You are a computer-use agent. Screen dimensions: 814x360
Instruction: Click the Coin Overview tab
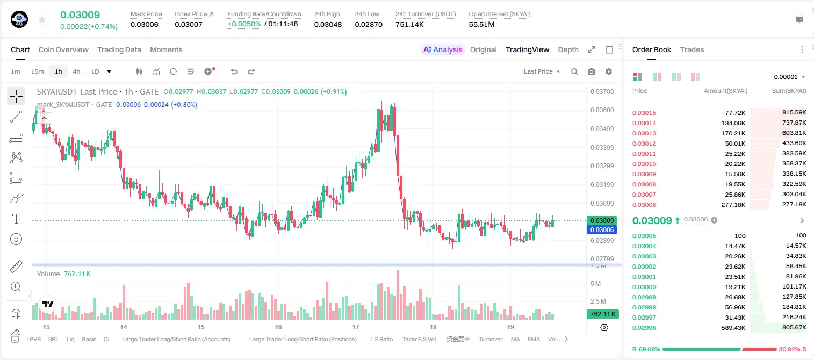pos(63,49)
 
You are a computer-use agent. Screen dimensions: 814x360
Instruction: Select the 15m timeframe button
pos(37,71)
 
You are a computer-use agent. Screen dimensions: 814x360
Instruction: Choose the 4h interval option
pos(76,71)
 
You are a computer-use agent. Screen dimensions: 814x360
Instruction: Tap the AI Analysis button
pos(443,49)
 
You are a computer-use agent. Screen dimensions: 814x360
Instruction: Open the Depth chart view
pos(568,49)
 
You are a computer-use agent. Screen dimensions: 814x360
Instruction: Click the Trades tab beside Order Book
pos(691,49)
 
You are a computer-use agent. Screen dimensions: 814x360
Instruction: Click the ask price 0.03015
pos(644,113)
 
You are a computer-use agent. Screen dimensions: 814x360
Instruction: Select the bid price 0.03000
pos(644,286)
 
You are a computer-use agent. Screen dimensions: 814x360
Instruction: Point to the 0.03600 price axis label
pos(602,110)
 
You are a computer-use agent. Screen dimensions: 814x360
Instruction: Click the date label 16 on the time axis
pos(278,327)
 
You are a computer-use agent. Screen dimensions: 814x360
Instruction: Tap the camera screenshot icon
pos(591,71)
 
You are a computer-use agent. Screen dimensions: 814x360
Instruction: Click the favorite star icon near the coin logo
pos(42,19)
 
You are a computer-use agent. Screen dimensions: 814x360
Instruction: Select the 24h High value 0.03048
pos(328,24)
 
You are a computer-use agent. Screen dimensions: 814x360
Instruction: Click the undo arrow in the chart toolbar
pos(234,71)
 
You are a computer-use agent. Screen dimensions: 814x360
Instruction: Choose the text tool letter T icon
pos(16,219)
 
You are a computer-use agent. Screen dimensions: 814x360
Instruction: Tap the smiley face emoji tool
pos(16,239)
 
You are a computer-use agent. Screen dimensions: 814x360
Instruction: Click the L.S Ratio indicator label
pos(381,339)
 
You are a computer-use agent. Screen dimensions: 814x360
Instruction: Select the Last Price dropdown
pos(542,71)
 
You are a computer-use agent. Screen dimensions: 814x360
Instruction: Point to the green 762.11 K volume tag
pos(602,314)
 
